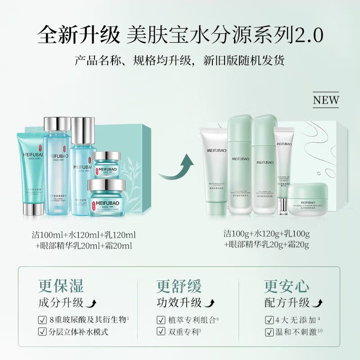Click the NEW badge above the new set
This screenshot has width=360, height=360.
click(x=326, y=100)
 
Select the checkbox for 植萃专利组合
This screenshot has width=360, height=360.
click(x=161, y=320)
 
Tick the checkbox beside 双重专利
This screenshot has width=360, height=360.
click(x=161, y=333)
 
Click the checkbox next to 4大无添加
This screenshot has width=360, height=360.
click(x=269, y=320)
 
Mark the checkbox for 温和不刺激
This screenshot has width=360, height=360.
click(x=269, y=333)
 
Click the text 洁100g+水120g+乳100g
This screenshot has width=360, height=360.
click(x=269, y=234)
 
